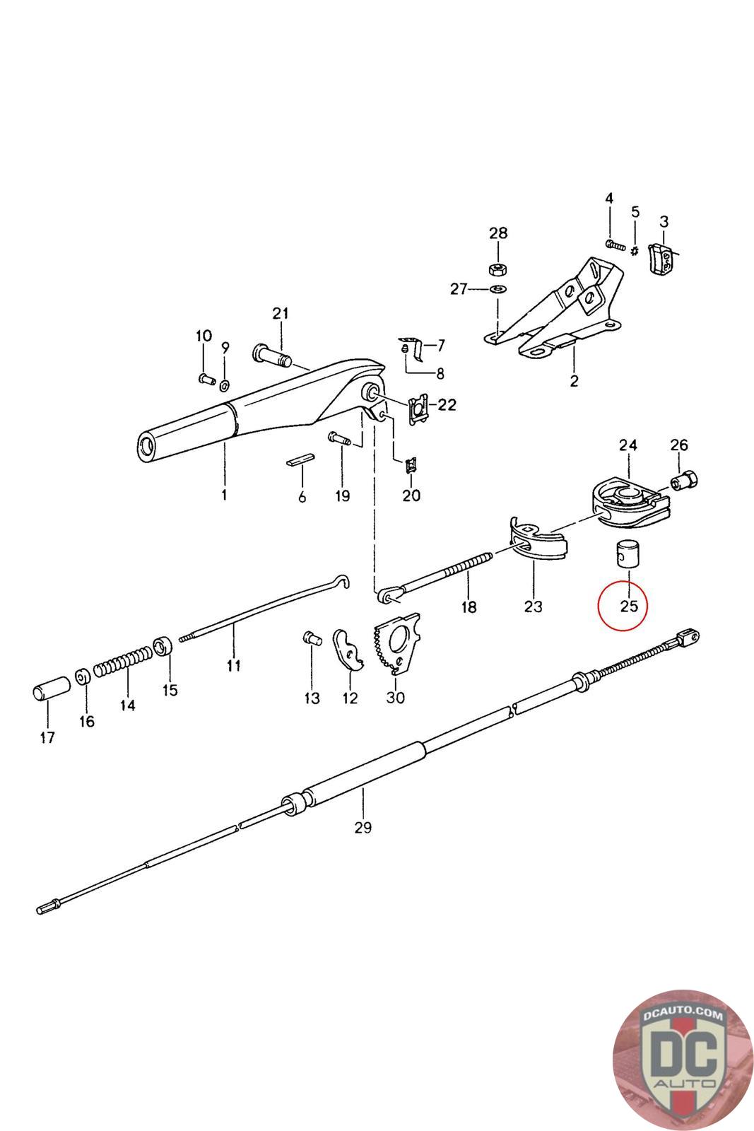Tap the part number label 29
[363, 827]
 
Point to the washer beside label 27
[497, 288]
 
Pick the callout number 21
[281, 313]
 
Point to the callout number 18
[469, 606]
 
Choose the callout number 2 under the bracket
[574, 381]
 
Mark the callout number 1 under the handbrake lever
[224, 495]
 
